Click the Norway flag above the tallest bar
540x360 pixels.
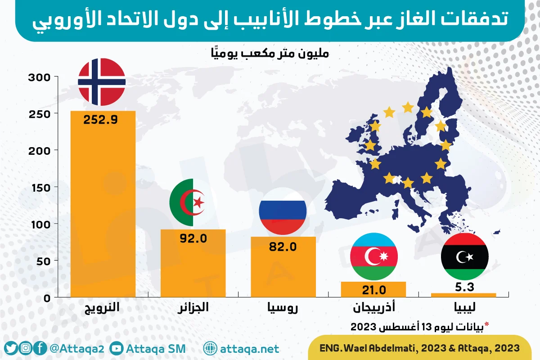click(101, 81)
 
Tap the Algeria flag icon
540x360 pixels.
click(193, 202)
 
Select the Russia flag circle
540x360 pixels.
click(283, 211)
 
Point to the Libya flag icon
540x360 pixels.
click(464, 256)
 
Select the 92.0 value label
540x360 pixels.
click(193, 238)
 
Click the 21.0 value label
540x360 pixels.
click(373, 289)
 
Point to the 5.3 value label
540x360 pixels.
click(464, 286)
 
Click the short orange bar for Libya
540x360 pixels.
click(463, 295)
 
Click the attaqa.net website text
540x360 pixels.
click(249, 349)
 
